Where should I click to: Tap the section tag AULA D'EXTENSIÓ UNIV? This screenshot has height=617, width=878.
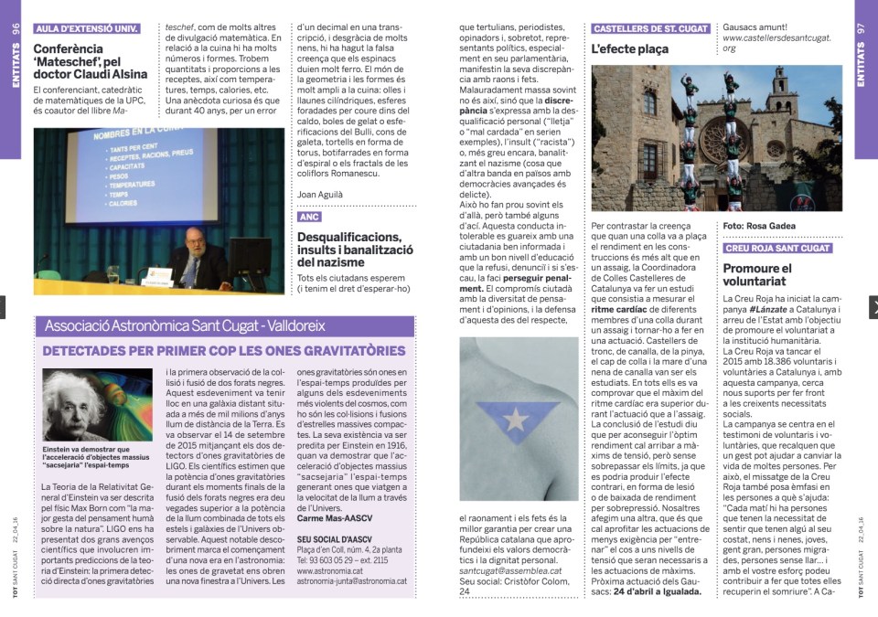(x=87, y=28)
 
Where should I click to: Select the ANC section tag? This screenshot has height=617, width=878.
(x=309, y=217)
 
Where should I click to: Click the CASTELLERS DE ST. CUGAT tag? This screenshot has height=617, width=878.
(x=650, y=28)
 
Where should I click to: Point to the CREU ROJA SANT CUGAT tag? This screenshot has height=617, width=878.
(x=776, y=248)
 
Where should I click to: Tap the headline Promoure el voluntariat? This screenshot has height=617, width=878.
(x=757, y=275)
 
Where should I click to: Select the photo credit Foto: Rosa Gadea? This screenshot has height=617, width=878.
(x=759, y=225)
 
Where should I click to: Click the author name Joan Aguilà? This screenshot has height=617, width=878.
(x=319, y=194)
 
